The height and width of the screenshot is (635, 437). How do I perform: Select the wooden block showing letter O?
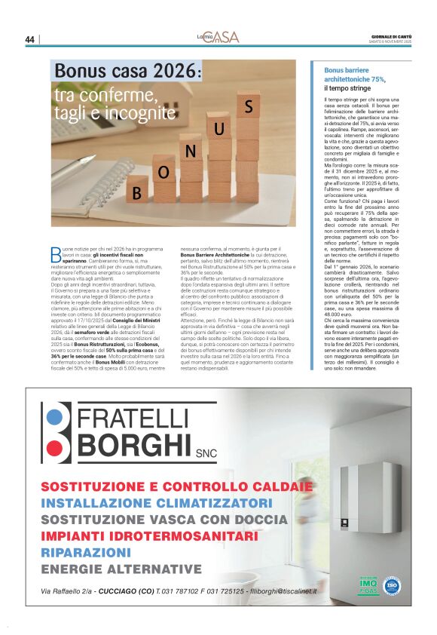click(x=163, y=172)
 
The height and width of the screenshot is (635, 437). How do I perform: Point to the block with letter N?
click(x=191, y=151)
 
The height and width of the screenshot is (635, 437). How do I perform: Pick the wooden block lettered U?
click(x=219, y=129)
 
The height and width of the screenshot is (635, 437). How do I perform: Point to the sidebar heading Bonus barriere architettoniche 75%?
click(x=354, y=74)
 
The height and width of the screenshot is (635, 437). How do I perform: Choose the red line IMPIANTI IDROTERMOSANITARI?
click(x=149, y=535)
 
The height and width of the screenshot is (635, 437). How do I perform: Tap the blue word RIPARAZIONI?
click(x=87, y=552)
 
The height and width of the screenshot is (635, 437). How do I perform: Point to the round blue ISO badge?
click(x=392, y=584)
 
